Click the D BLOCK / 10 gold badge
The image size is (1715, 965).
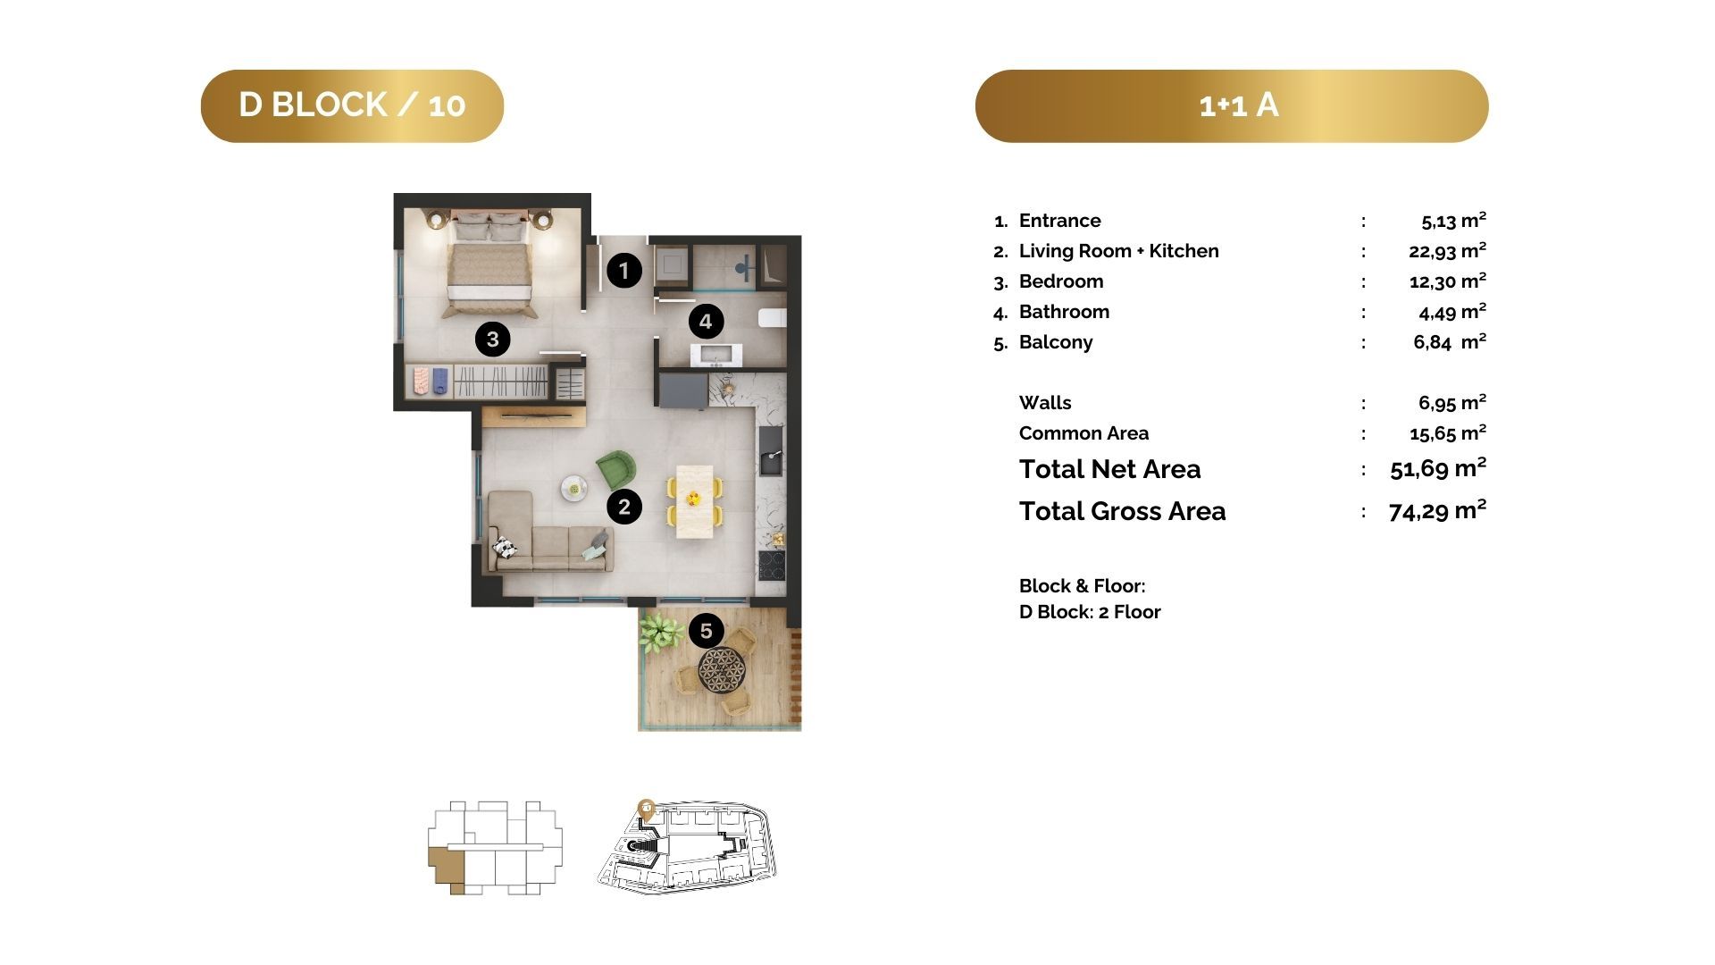coord(352,105)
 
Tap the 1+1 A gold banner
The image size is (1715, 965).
coord(1232,105)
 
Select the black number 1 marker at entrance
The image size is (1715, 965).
coord(624,270)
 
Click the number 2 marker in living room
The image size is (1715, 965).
coord(624,507)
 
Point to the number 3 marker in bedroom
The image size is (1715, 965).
coord(492,339)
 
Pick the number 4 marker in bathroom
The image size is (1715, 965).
coord(706,322)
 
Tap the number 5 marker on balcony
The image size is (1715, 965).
coord(706,631)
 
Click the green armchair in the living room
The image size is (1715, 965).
coord(616,470)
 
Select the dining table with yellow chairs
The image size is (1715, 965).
coord(694,501)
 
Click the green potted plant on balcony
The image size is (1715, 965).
coord(659,631)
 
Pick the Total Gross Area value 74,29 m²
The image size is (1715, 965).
coord(1437,510)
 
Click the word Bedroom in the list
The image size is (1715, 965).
coord(1061,281)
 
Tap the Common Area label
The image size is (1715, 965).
coord(1083,433)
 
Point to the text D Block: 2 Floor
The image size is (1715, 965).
coord(1090,612)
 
